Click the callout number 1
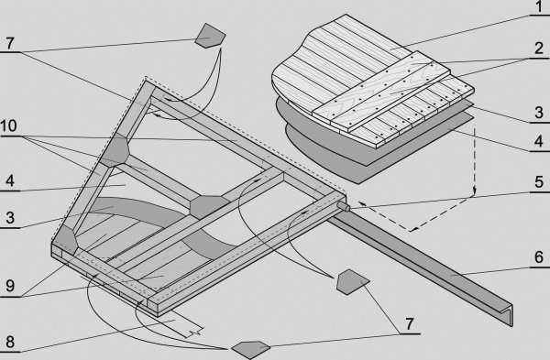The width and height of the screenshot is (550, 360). [x=538, y=7]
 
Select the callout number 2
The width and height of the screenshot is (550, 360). [x=539, y=49]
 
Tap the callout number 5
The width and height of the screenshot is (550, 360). [x=539, y=182]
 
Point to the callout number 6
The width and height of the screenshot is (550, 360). [x=539, y=257]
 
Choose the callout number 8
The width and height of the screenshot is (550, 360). [x=10, y=342]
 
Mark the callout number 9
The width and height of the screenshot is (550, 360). [x=10, y=287]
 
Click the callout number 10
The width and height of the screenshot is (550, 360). [x=8, y=125]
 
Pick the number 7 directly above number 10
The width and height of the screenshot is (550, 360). [x=9, y=43]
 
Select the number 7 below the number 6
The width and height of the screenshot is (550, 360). [x=409, y=324]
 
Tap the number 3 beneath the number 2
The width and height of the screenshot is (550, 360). [x=539, y=113]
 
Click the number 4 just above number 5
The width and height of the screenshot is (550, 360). [x=539, y=141]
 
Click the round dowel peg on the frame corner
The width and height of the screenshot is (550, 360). [x=345, y=208]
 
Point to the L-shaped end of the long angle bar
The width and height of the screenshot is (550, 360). [x=508, y=312]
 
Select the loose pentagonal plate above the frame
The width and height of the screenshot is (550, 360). [x=210, y=36]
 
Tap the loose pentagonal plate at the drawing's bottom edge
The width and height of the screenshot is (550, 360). [x=250, y=350]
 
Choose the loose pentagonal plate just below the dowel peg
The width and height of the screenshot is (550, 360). [x=352, y=282]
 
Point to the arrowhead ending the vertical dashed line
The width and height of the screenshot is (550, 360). [x=474, y=191]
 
